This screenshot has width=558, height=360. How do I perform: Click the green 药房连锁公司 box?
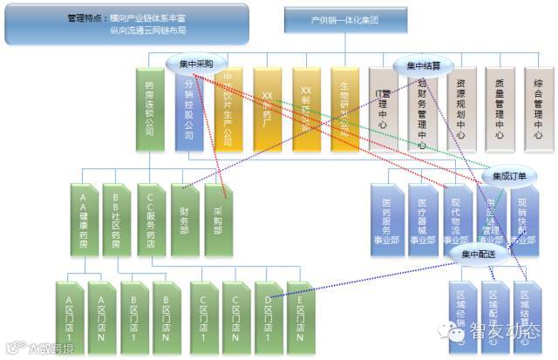(x=151, y=110)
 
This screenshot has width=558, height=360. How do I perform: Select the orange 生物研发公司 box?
(x=346, y=110)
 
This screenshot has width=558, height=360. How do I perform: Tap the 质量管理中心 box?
(x=499, y=110)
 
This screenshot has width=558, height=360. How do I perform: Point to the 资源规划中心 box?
(x=460, y=110)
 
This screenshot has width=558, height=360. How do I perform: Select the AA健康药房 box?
(x=85, y=214)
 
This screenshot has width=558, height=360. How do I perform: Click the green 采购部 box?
(x=219, y=214)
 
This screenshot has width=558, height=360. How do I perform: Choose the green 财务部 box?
(x=185, y=214)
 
